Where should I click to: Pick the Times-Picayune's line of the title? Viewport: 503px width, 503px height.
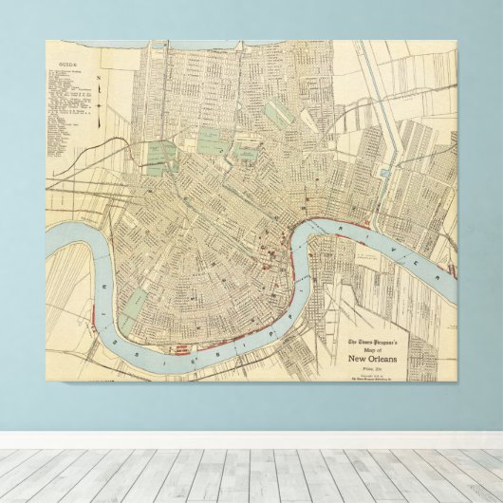(x=378, y=342)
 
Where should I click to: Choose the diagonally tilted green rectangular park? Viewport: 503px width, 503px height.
(x=277, y=113)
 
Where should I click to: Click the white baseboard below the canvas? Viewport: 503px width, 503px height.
(x=251, y=439)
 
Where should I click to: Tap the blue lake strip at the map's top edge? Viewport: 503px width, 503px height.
(x=95, y=44)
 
